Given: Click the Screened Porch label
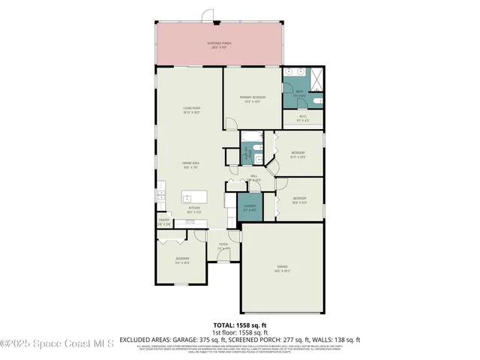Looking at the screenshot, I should click(219, 44).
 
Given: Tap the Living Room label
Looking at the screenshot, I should click(191, 109).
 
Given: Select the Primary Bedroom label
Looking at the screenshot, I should click(250, 98).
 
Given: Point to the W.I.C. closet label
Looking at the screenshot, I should click(303, 117).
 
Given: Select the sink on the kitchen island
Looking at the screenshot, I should click(189, 197).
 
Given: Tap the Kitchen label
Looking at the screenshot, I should click(193, 208).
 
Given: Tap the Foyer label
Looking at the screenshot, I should click(223, 245).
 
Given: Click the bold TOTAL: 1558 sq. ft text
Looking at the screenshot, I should click(239, 325).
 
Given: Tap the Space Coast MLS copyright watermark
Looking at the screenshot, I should click(57, 344).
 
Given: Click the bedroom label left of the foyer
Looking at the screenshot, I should click(182, 259).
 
